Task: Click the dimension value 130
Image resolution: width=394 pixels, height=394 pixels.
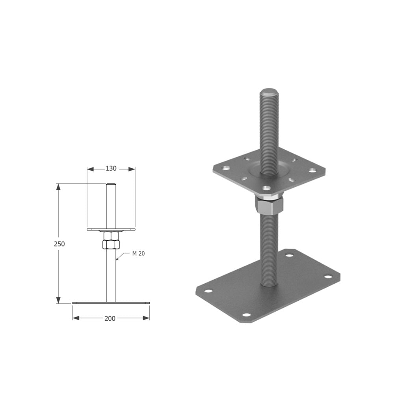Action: (111, 168)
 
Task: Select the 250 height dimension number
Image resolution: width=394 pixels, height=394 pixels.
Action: (59, 244)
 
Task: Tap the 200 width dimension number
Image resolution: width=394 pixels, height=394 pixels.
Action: (110, 318)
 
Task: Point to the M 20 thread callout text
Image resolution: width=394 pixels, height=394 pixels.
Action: (138, 253)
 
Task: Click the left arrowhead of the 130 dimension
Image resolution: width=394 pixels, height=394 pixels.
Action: (90, 169)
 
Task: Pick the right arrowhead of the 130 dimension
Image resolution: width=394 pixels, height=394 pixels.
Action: (132, 169)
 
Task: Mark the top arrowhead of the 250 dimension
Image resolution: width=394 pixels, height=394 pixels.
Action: (58, 187)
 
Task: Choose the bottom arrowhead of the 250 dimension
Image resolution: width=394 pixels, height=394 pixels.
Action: (58, 300)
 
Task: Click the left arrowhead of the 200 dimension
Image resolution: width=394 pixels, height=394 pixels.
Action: (76, 318)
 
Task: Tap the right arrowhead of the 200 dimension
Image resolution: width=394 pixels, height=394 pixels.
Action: (146, 318)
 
